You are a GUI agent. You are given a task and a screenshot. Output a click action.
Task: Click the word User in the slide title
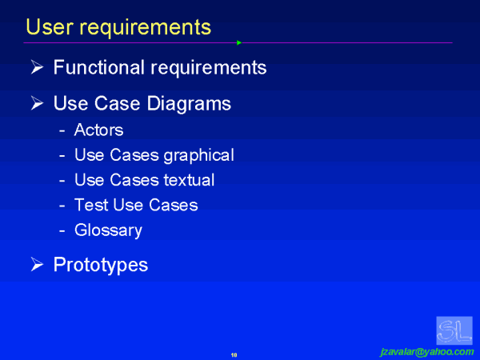point(46,27)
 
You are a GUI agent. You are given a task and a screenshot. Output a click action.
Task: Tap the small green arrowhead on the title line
point(239,42)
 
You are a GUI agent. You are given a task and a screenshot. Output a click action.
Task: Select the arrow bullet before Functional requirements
point(36,68)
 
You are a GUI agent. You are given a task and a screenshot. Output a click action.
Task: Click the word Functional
point(100,67)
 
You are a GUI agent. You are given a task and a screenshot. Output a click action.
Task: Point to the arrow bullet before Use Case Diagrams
point(36,104)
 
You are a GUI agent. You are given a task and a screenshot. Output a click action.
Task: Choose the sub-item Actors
point(98,130)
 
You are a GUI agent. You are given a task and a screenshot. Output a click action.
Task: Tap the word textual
point(186,180)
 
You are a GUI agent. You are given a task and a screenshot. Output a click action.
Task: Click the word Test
point(90,205)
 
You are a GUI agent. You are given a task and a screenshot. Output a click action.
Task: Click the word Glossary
point(108,230)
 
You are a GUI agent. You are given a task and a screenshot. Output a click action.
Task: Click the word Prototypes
point(100,265)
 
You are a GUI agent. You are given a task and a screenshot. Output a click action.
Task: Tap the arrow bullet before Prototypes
point(36,265)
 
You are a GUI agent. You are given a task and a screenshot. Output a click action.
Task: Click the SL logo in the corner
point(454,330)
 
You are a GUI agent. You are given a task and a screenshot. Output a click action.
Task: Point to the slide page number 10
point(234,353)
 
